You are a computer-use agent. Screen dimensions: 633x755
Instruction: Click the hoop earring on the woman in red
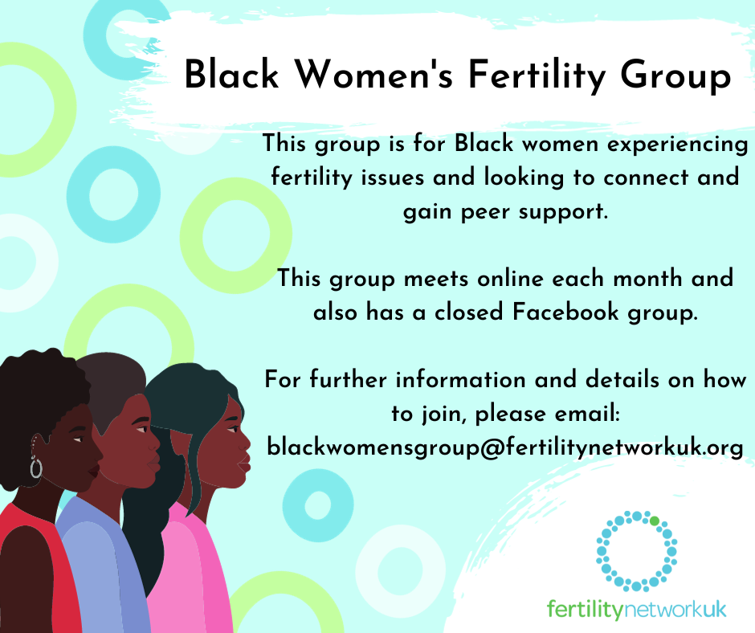(x=36, y=467)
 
